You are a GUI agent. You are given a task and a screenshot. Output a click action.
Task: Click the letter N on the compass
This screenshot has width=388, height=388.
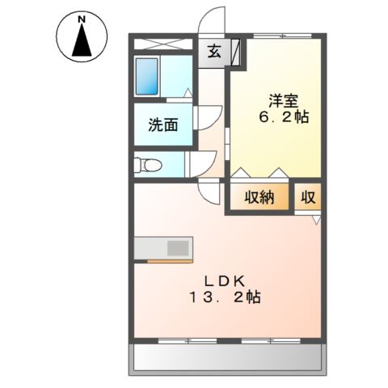click(x=82, y=19)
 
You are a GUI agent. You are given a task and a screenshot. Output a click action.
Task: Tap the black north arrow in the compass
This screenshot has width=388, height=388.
click(x=82, y=40)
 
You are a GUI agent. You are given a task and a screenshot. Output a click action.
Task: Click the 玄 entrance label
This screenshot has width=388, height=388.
click(x=214, y=51)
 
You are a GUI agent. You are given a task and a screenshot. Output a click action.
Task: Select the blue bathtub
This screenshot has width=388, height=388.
click(x=146, y=77)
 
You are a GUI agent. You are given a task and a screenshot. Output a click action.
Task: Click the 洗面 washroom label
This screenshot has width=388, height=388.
click(x=163, y=124)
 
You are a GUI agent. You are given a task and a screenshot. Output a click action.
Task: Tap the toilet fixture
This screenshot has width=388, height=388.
click(x=148, y=165)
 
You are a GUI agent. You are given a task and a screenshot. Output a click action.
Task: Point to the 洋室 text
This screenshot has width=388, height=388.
click(x=283, y=101)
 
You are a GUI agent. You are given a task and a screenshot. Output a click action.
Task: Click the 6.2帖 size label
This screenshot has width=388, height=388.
click(x=284, y=117)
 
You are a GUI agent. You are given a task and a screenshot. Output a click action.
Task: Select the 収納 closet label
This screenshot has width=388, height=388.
click(x=259, y=197)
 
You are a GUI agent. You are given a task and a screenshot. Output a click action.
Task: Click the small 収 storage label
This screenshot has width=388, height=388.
click(x=308, y=197)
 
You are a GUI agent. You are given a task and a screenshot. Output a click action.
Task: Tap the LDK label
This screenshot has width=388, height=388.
click(x=225, y=281)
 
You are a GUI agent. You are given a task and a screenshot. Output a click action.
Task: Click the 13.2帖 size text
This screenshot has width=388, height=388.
click(x=226, y=297)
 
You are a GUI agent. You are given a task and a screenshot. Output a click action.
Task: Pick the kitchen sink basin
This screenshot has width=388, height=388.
click(x=178, y=248)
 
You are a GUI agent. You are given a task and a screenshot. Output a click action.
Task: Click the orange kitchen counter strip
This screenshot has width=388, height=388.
click(x=170, y=261)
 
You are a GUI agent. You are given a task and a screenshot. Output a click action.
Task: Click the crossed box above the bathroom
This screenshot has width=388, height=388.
click(x=163, y=44)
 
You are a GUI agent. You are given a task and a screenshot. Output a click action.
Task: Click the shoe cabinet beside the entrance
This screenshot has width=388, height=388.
click(x=235, y=53)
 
